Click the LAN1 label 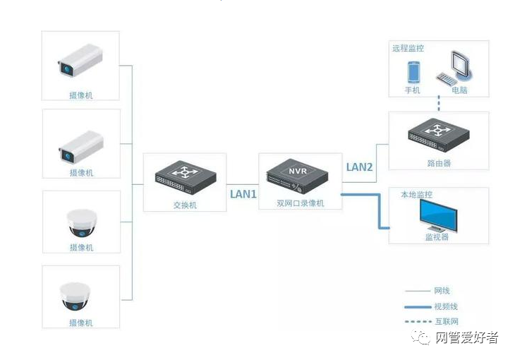tap(243, 194)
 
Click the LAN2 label tap(359, 167)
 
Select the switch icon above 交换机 tap(186, 178)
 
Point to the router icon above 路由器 tap(439, 136)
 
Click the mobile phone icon tap(413, 72)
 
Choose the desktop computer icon tap(454, 68)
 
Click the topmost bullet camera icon tap(80, 61)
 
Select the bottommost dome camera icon tap(75, 296)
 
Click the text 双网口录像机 tap(301, 203)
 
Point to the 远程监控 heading tap(408, 49)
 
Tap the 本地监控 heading tap(416, 195)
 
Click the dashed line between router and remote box tap(439, 104)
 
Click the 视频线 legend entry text tap(446, 307)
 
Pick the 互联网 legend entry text tap(447, 321)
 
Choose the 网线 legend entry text tap(442, 291)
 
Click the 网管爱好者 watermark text tap(467, 337)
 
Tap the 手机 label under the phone tap(412, 90)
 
